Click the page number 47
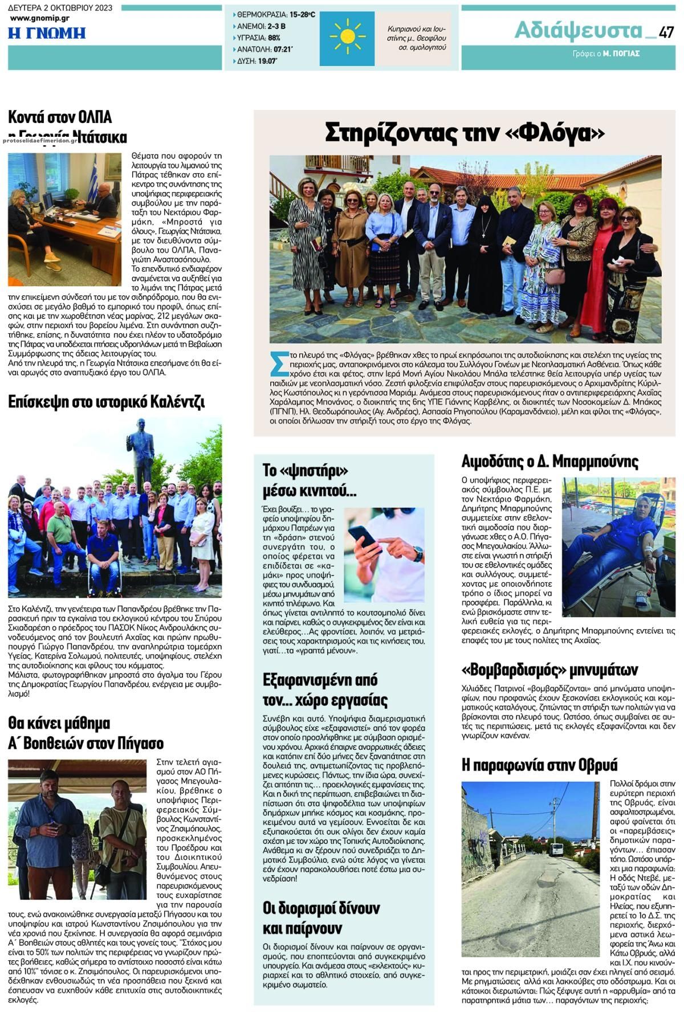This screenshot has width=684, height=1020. click(x=666, y=32)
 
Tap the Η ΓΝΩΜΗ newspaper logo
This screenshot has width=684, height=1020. click(x=47, y=33)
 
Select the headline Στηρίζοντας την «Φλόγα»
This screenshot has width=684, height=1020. click(x=464, y=133)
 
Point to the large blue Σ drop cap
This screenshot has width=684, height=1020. click(x=279, y=363)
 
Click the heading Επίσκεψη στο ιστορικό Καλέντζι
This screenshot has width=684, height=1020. click(x=106, y=402)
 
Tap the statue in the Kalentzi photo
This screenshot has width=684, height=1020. click(x=140, y=450)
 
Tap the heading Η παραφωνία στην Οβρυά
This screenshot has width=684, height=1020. click(x=539, y=765)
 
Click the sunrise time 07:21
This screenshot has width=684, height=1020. click(x=283, y=50)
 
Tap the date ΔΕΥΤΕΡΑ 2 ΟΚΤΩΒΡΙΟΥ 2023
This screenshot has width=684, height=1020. click(x=60, y=8)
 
